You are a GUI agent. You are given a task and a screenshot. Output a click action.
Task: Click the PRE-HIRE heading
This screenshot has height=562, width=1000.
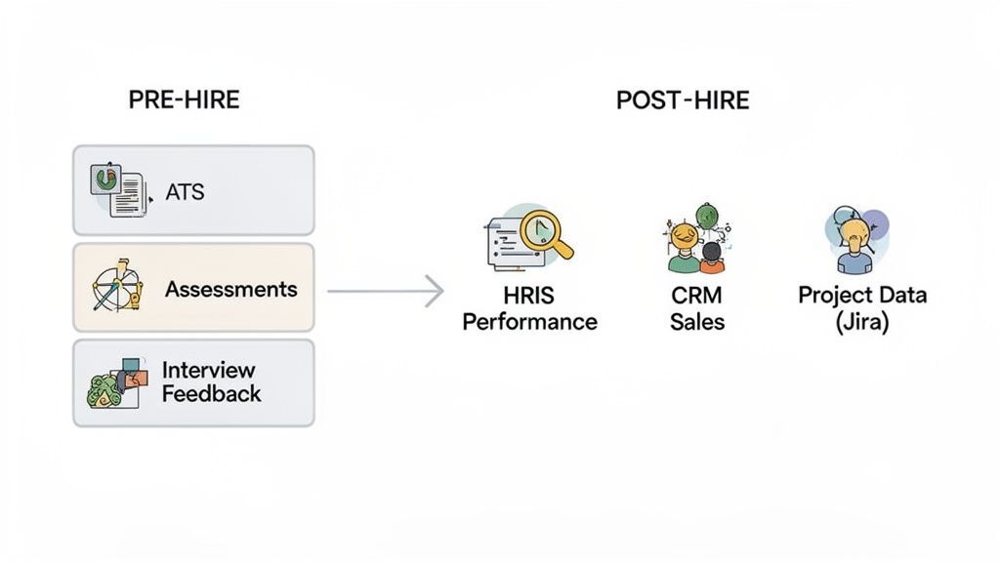click(184, 100)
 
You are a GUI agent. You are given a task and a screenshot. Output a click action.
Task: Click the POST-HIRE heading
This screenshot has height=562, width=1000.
click(683, 100)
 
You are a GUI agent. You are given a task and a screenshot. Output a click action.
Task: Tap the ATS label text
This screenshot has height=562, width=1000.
click(185, 191)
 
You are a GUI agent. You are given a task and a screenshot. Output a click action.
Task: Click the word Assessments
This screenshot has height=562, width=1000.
click(230, 289)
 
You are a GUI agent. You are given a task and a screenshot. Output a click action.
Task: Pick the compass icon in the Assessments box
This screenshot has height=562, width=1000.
click(116, 288)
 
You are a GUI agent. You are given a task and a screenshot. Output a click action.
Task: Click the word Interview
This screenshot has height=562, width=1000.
click(208, 370)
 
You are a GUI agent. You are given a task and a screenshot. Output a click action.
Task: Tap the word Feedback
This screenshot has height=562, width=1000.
click(211, 394)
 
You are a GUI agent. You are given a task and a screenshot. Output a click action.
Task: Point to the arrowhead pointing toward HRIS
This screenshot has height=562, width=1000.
click(436, 291)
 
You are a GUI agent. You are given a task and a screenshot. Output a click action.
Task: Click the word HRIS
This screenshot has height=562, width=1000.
click(528, 296)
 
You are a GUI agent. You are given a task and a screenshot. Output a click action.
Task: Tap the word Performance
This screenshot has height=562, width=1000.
click(528, 321)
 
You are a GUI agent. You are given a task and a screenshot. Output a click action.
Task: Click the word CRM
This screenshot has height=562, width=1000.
click(697, 296)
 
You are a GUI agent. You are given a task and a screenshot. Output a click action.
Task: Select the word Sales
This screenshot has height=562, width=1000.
click(697, 321)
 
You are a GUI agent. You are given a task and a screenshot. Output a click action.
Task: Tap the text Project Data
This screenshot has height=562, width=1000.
click(862, 296)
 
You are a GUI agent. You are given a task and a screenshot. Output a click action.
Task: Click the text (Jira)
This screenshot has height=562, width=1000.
click(862, 321)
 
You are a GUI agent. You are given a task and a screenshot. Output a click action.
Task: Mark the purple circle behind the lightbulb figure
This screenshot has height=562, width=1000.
click(876, 222)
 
